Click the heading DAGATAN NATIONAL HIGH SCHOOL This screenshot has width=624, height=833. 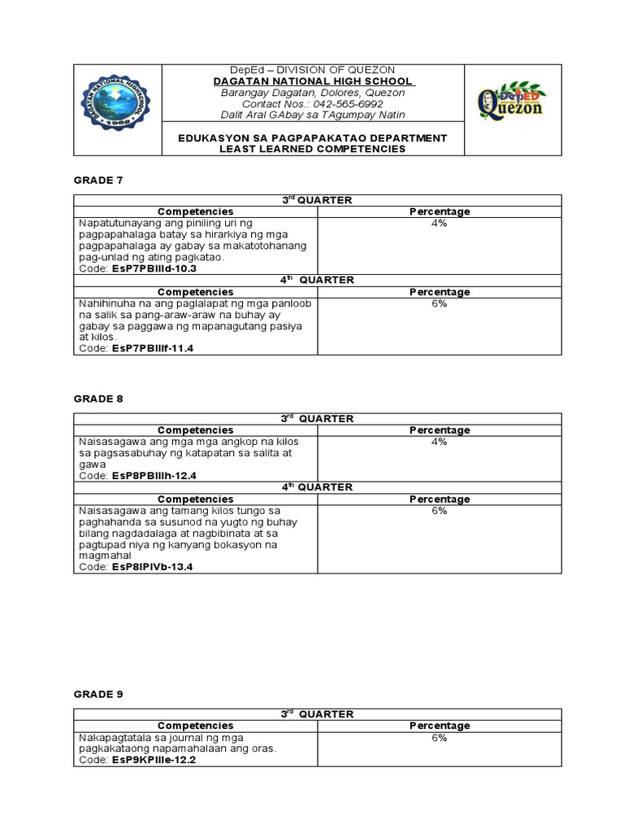coord(313,81)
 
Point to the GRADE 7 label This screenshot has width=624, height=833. coord(97,179)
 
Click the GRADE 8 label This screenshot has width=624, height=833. coord(97,399)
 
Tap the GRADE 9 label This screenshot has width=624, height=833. coord(97,694)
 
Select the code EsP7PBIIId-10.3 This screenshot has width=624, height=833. coord(154,268)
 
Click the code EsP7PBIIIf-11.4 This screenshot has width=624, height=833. coord(153,348)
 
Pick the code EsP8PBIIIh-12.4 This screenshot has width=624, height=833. coord(154,475)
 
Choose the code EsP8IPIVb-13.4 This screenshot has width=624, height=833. coord(153,566)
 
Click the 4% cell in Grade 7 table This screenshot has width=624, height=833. coord(439,223)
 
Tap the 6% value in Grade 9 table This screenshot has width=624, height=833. coord(439,737)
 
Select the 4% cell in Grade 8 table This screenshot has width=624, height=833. coord(439,442)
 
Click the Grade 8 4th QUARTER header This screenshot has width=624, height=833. coord(317,486)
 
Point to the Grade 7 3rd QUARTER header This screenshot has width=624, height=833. coord(317,200)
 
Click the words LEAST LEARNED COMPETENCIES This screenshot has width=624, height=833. coord(313,150)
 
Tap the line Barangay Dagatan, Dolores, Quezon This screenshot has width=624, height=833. coord(313,93)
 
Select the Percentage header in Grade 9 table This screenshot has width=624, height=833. coord(439,726)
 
